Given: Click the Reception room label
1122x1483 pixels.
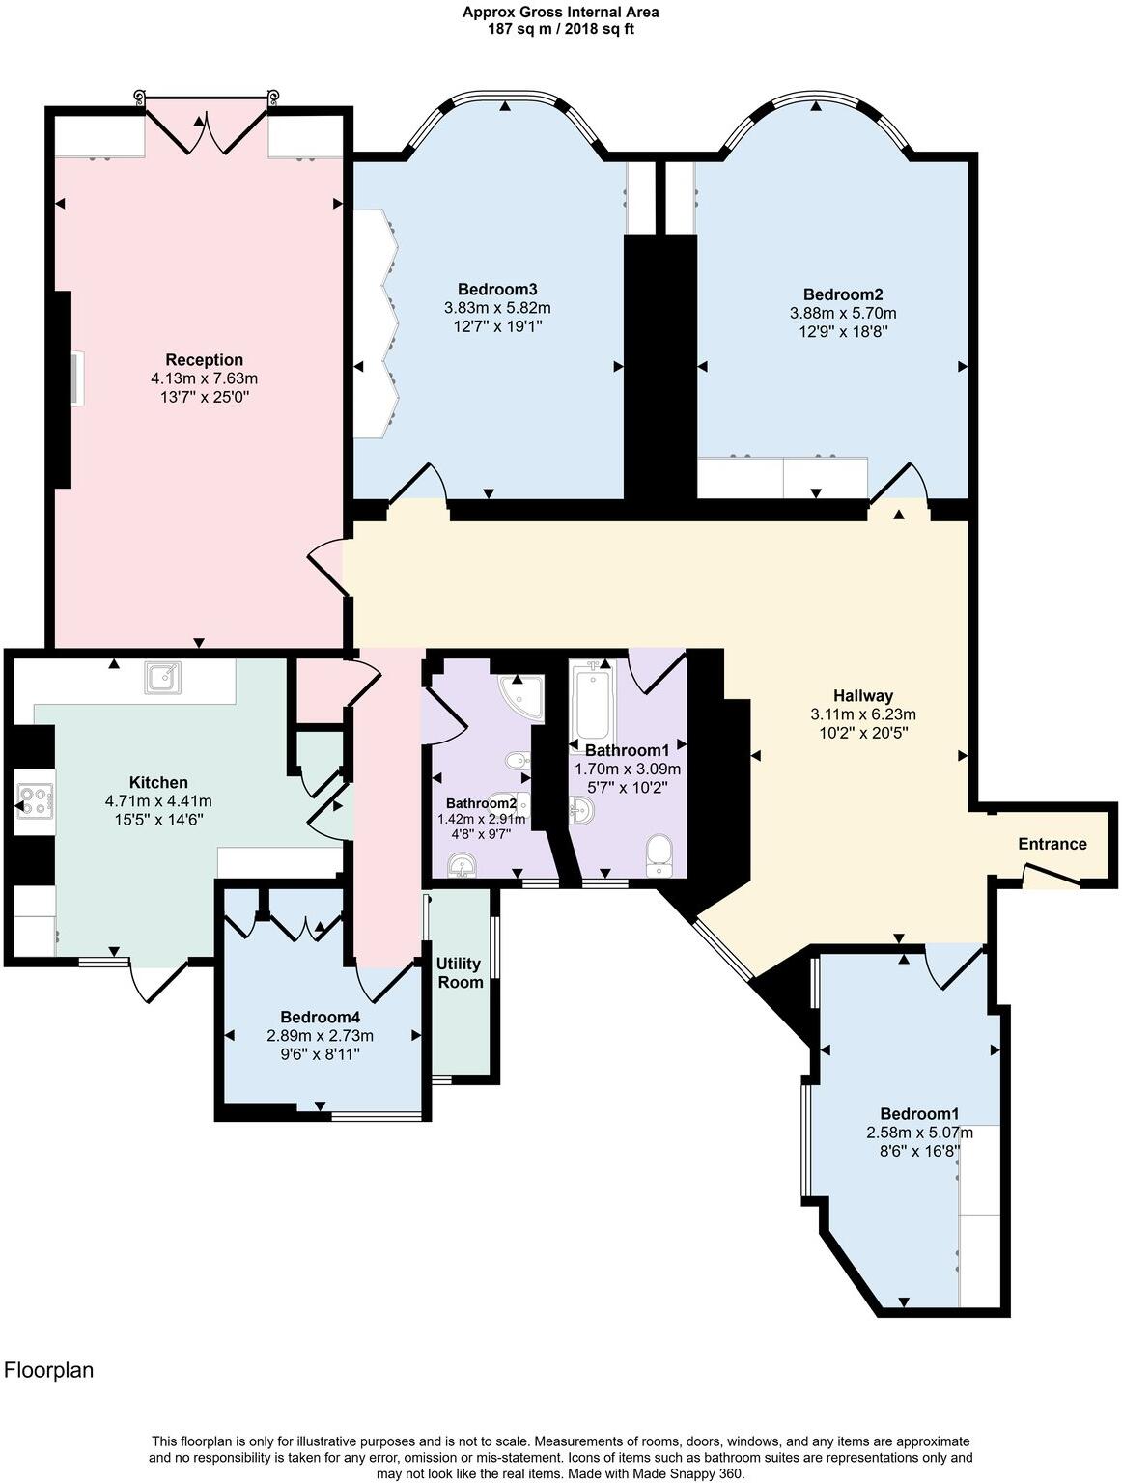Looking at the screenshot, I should pyautogui.click(x=204, y=360).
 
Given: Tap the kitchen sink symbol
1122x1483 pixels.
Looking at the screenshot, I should pyautogui.click(x=162, y=678).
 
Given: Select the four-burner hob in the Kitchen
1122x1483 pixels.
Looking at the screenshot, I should pyautogui.click(x=33, y=800).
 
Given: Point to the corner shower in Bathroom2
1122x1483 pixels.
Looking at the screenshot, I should pyautogui.click(x=522, y=697).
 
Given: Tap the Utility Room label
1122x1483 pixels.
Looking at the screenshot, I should pyautogui.click(x=460, y=973).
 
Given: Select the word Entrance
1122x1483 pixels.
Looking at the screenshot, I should pyautogui.click(x=1052, y=844).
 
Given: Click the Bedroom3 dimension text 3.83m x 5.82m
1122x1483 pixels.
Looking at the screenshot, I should pyautogui.click(x=497, y=308).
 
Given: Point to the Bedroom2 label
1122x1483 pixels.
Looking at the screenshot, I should pyautogui.click(x=842, y=294).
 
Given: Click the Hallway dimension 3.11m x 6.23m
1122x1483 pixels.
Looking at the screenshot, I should pyautogui.click(x=863, y=714).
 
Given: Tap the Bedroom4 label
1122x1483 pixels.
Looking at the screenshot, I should pyautogui.click(x=320, y=1017).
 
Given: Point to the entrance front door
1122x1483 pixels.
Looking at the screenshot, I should pyautogui.click(x=1051, y=875).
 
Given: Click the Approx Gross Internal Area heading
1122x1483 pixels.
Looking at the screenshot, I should pyautogui.click(x=561, y=13).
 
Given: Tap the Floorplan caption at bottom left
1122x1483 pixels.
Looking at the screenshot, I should pyautogui.click(x=49, y=1370).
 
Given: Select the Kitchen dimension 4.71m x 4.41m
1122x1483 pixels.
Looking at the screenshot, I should pyautogui.click(x=158, y=800).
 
